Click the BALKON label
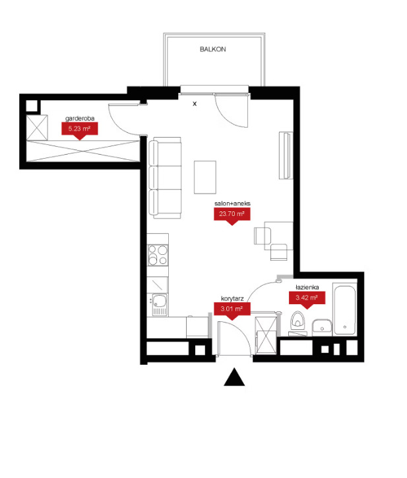click(213, 49)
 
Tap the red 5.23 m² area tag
click(80, 130)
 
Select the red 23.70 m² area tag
click(232, 215)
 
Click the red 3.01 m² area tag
click(232, 311)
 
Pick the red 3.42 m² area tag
click(307, 300)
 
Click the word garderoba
click(80, 119)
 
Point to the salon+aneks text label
click(232, 203)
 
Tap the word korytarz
click(232, 299)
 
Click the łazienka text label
click(307, 287)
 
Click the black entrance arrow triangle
click(234, 377)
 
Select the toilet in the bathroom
click(297, 321)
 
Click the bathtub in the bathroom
click(345, 309)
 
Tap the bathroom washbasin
click(322, 327)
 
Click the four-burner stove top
click(158, 255)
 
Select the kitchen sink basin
click(160, 301)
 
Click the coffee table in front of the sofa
click(205, 177)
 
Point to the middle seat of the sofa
click(165, 178)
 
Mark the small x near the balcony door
click(195, 103)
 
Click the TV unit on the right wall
click(286, 155)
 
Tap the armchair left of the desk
click(263, 236)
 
